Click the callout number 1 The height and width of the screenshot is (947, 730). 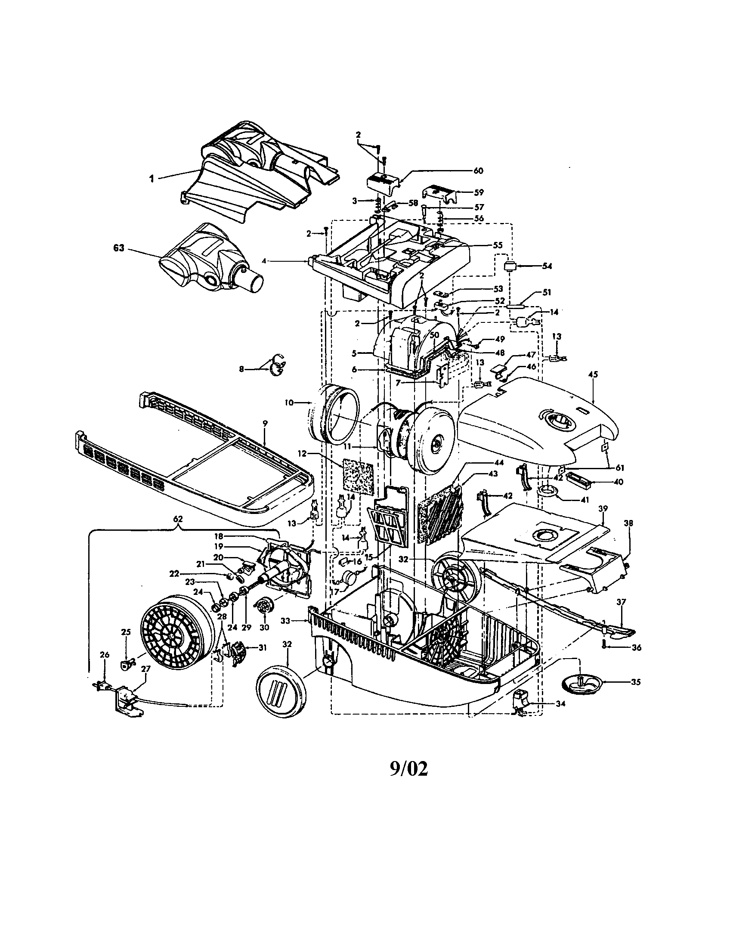click(x=152, y=178)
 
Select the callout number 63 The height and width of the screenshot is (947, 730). click(x=119, y=248)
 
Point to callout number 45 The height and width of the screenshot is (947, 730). click(x=593, y=374)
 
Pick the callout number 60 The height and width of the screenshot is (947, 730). click(x=478, y=170)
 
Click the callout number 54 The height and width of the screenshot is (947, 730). click(x=547, y=266)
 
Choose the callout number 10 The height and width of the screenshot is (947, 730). click(x=289, y=403)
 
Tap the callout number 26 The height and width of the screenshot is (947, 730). click(x=105, y=667)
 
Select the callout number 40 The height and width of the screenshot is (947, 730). click(x=618, y=482)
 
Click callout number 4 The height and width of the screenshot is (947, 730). click(x=263, y=261)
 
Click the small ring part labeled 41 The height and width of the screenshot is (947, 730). click(x=547, y=491)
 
